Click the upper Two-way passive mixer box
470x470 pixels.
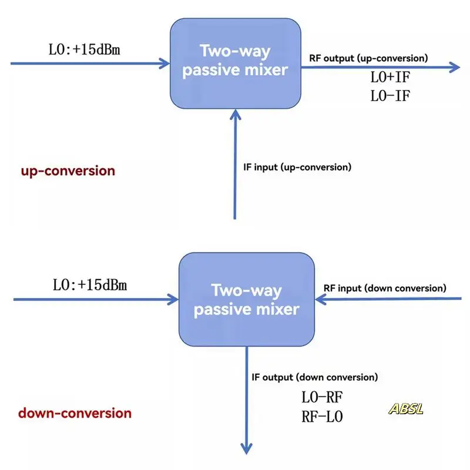[x=235, y=63]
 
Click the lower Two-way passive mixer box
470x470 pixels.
[x=246, y=300]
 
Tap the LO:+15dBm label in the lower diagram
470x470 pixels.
[x=90, y=286]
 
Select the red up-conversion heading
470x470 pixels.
[x=68, y=171]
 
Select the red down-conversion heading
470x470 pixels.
[x=75, y=412]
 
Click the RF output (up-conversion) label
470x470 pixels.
[x=368, y=58]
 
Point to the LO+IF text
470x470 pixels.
[x=390, y=79]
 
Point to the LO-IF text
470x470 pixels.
[x=390, y=96]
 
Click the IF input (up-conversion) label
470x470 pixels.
[x=297, y=167]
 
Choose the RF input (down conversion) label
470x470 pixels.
[x=385, y=288]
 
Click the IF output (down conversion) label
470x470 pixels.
[x=314, y=377]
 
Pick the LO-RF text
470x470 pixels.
[x=322, y=398]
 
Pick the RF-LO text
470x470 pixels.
[x=322, y=417]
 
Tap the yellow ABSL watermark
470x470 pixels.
[x=406, y=409]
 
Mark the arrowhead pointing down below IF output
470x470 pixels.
[x=247, y=448]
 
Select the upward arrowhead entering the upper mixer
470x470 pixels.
[x=235, y=114]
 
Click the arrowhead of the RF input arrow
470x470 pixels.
[x=321, y=300]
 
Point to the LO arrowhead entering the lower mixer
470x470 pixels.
[x=173, y=300]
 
